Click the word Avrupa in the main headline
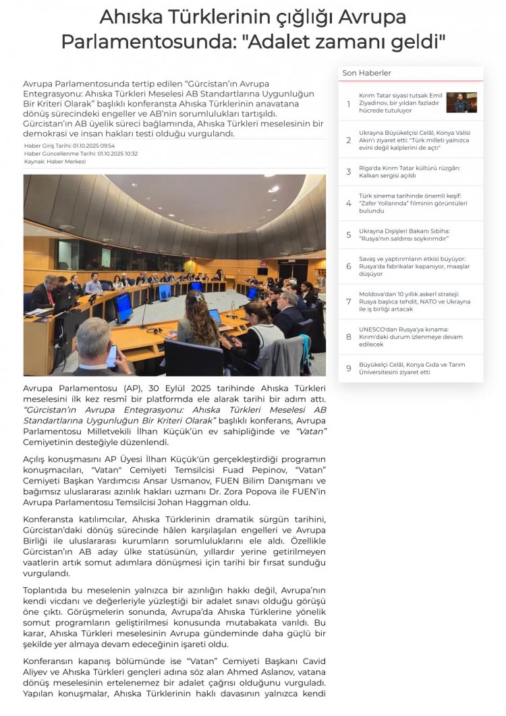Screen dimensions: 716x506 coord(370,16)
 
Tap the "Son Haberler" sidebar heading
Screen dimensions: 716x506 coord(366,73)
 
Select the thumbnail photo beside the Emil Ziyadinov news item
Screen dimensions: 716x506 coord(461,102)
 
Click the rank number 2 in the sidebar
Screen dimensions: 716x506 coord(349,140)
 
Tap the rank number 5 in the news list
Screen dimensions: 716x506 coord(349,235)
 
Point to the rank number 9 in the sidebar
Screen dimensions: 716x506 coord(349,368)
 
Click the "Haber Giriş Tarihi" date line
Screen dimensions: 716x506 coord(69,146)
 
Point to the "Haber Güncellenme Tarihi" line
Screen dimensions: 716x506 coord(81,154)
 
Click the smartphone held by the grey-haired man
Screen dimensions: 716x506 coord(111,355)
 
